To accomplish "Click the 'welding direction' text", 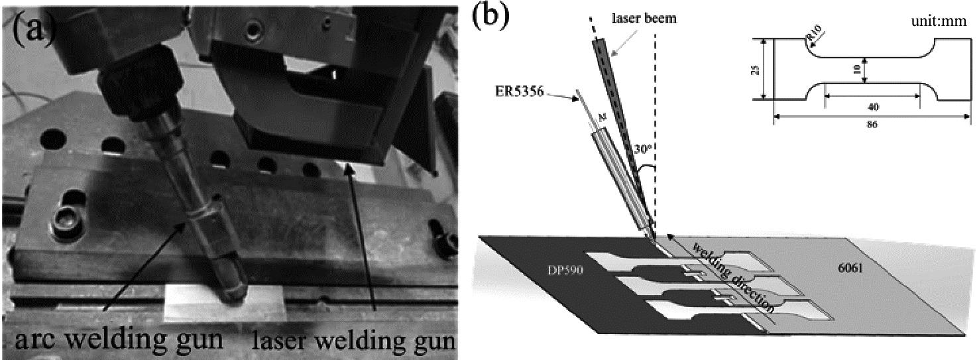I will pyautogui.click(x=732, y=277).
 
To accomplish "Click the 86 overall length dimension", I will pyautogui.click(x=871, y=124).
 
